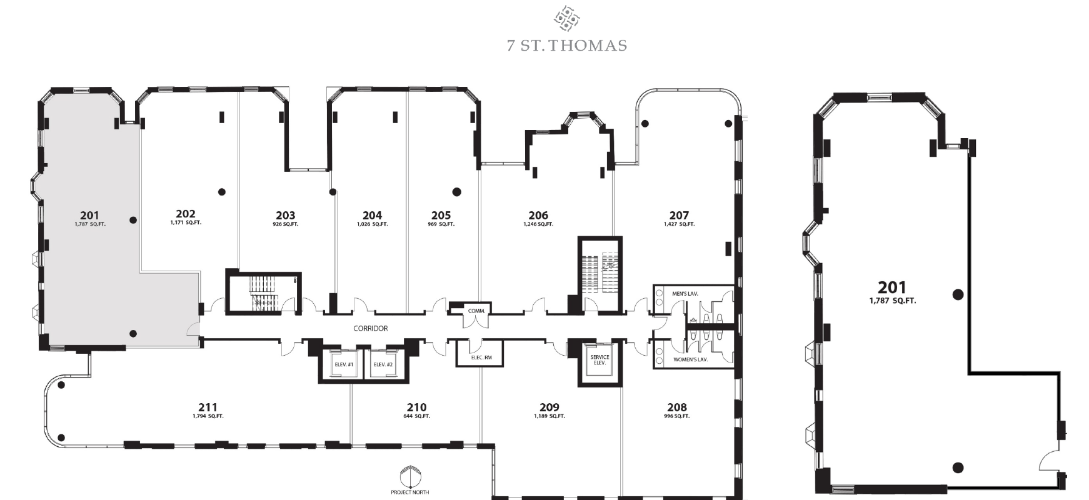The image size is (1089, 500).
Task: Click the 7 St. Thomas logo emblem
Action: [x=566, y=18]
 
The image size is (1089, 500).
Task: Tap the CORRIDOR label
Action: [x=371, y=328]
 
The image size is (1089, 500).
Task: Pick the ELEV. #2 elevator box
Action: [x=383, y=364]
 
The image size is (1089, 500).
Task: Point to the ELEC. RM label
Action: [x=481, y=358]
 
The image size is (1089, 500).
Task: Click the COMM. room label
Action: [x=476, y=311]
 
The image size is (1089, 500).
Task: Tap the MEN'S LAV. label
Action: [x=685, y=293]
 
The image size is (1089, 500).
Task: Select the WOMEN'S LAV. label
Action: [x=690, y=360]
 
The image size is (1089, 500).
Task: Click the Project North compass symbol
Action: [x=409, y=476]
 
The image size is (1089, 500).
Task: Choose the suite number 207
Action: [x=679, y=216]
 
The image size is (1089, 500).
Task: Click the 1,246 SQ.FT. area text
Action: [x=538, y=224]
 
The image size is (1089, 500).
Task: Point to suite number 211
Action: [x=208, y=407]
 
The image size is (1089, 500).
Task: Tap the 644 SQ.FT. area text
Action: [x=416, y=416]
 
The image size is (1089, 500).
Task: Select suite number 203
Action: [x=285, y=216]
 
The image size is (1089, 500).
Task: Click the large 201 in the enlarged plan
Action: [x=892, y=287]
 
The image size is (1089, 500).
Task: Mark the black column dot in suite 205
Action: [x=456, y=192]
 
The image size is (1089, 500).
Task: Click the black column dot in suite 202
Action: [x=221, y=192]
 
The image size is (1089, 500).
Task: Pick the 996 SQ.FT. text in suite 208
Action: [x=676, y=416]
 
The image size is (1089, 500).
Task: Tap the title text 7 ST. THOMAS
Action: [x=567, y=46]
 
